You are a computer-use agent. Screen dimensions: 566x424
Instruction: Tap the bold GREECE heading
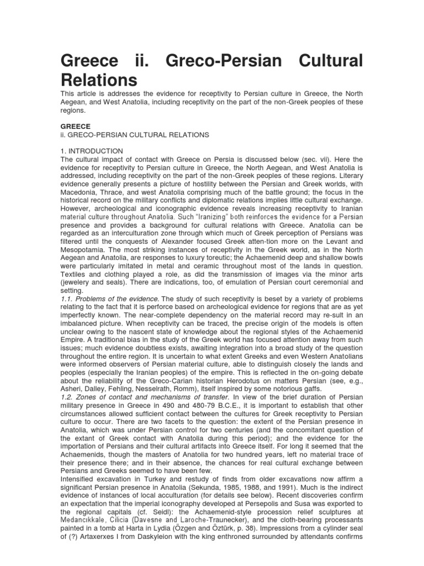tap(76, 126)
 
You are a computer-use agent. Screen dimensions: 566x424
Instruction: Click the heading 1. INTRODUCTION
tap(92, 151)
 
